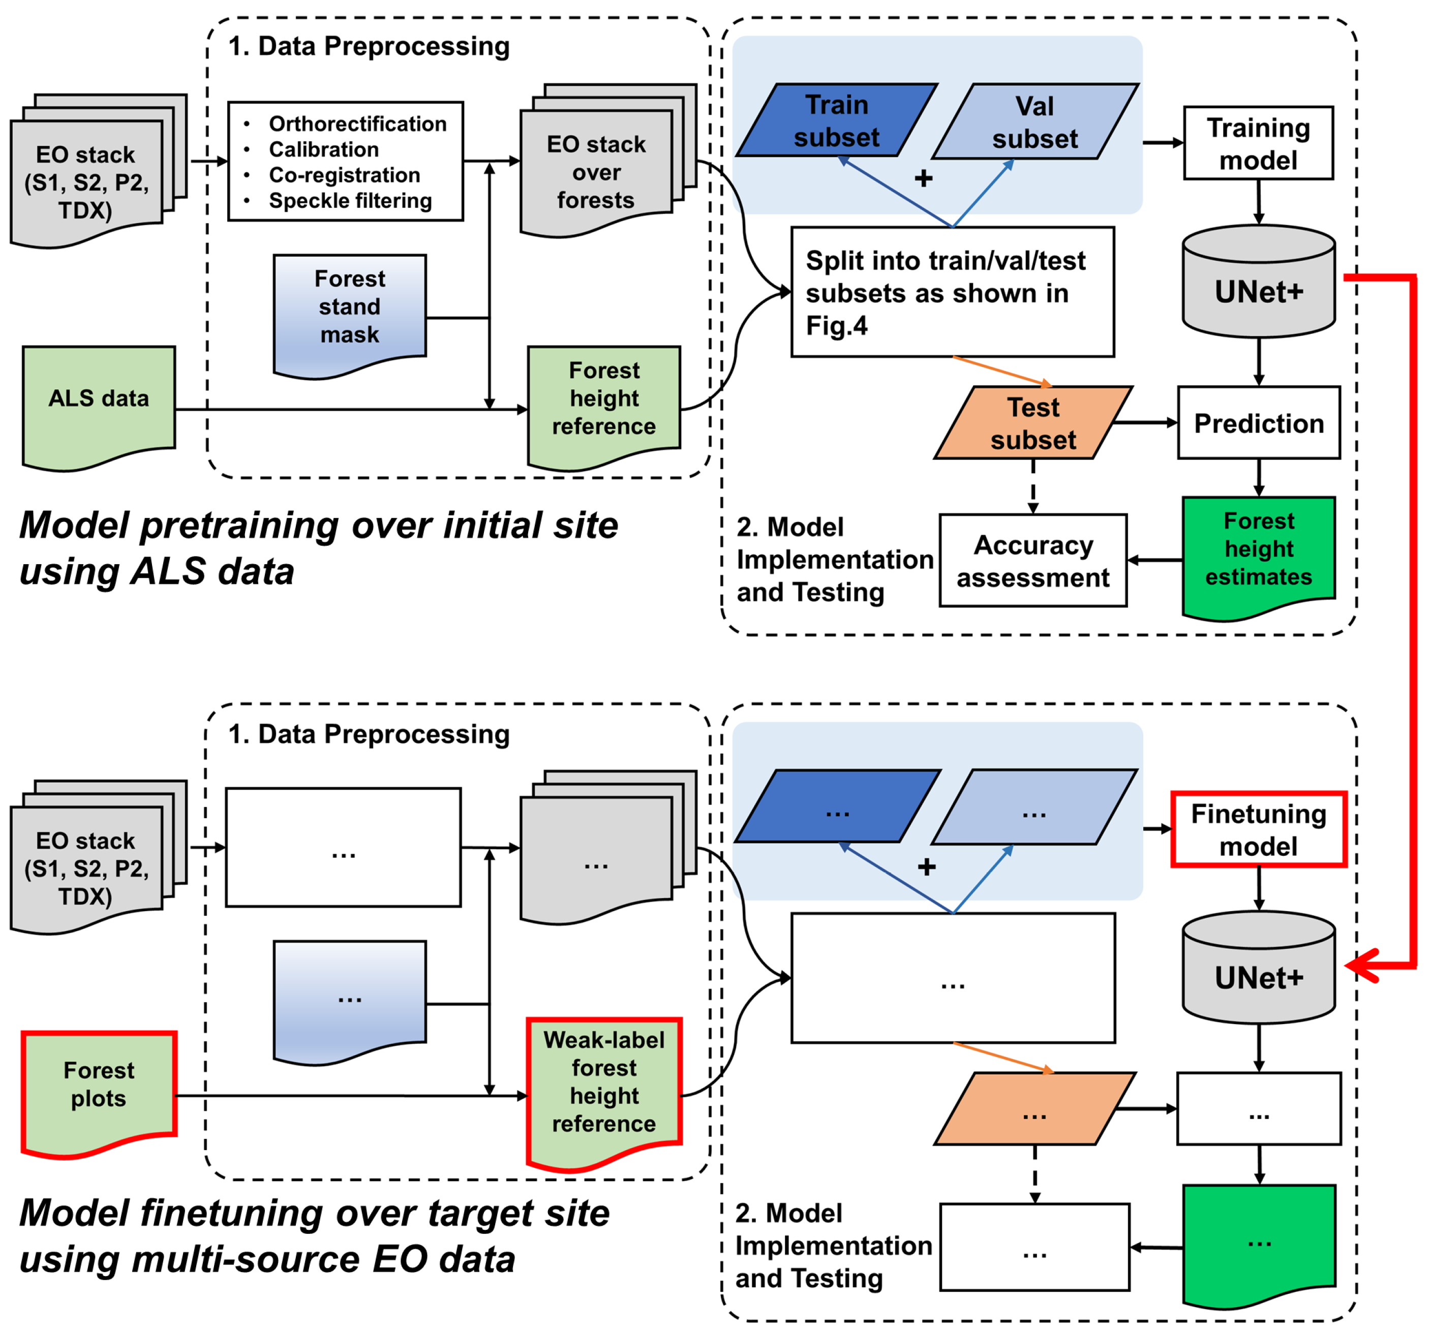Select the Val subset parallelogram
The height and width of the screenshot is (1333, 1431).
point(1034,121)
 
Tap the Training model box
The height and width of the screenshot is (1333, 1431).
point(1258,143)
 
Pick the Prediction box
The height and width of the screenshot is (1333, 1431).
point(1258,423)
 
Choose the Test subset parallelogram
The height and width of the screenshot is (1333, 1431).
point(1033,423)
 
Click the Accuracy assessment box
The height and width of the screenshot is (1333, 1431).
point(1032,561)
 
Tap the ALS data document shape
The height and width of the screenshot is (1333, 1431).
point(99,399)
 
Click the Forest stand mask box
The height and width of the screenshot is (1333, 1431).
point(350,307)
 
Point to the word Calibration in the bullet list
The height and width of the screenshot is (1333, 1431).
point(324,150)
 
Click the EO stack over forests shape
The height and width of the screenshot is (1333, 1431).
point(596,171)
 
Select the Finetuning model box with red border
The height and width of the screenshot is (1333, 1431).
point(1258,829)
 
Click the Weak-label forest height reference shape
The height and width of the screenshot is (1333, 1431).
point(604,1082)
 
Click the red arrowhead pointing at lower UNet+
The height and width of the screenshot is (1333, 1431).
point(1359,965)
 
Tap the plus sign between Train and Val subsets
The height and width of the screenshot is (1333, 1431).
point(924,178)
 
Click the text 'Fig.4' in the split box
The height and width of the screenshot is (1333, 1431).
point(836,326)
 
